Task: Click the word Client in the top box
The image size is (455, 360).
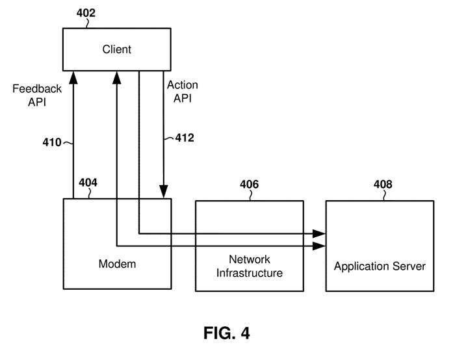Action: (117, 49)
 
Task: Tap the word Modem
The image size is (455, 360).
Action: (117, 264)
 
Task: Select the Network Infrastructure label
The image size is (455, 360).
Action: (250, 266)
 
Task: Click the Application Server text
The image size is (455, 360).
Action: (380, 266)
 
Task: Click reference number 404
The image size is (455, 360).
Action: (88, 183)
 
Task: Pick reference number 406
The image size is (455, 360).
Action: (249, 185)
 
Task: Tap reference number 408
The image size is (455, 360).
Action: (383, 185)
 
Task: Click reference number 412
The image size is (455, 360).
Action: (185, 138)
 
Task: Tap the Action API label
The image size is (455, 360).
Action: (182, 92)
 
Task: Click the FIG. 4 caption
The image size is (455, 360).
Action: (227, 333)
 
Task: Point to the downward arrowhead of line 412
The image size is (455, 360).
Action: (162, 193)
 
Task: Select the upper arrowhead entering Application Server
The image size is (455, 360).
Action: (320, 233)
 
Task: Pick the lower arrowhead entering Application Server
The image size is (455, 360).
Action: (320, 246)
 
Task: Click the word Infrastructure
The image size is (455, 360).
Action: (250, 273)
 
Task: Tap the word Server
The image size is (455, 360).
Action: (409, 266)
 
